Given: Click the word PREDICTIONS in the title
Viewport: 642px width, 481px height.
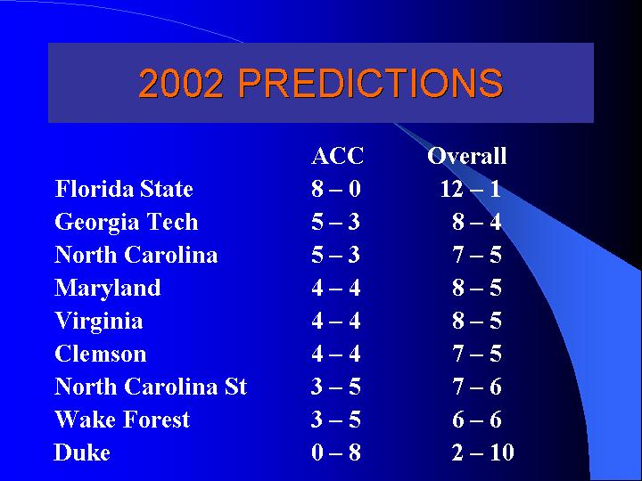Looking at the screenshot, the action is coord(371,83).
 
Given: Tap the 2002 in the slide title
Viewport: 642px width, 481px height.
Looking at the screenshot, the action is coord(181,83).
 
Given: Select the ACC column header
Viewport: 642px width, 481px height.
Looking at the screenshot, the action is coord(337,156).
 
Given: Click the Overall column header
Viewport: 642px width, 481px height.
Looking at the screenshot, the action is coord(466,156).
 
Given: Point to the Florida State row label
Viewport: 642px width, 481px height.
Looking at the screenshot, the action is coord(124,189).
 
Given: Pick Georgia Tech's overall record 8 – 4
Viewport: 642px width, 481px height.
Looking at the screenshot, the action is coord(477,222).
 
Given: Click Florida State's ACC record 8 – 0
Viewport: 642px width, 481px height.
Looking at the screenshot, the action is coord(336,189).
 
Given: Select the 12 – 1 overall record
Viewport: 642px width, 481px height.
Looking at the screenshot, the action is coord(471,189).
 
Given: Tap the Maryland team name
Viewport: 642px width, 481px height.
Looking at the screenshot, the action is coord(108,288).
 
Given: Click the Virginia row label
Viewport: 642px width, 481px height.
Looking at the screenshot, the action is coord(99,321).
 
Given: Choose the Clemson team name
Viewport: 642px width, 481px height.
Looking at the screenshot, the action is coord(100,354).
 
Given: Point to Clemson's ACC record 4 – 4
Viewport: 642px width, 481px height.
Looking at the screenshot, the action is coord(336,354).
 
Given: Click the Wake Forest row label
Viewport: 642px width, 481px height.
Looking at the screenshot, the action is coord(122,420).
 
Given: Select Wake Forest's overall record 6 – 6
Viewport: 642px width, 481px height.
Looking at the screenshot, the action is coord(477,420).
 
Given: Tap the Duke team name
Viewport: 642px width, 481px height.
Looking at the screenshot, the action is coord(82,452).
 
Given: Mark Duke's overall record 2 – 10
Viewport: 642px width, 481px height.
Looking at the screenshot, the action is coord(483,452).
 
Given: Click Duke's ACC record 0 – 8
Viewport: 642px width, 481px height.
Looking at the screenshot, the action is coord(336,452).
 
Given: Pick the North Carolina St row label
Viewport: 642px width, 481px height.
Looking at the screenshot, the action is coord(151,387).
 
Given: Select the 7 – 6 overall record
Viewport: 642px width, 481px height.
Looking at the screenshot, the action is coord(477,387).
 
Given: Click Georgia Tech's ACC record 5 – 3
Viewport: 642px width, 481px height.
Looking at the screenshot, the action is coord(336,222).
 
